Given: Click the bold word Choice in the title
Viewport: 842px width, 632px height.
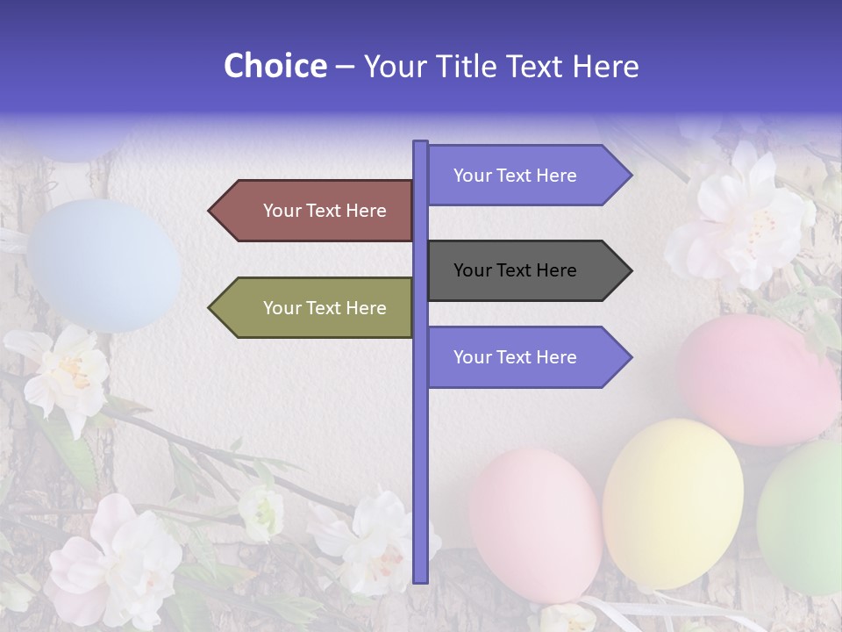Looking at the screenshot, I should pyautogui.click(x=275, y=66).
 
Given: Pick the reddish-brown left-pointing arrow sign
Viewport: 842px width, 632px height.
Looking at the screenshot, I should pyautogui.click(x=316, y=211).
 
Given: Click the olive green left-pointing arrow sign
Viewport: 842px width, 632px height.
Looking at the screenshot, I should pyautogui.click(x=316, y=308).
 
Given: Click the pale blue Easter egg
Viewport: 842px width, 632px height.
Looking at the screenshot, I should pyautogui.click(x=103, y=263).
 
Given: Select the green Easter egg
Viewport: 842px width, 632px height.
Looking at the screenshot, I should pyautogui.click(x=803, y=518).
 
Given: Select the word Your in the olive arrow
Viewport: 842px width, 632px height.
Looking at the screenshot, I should pyautogui.click(x=281, y=308).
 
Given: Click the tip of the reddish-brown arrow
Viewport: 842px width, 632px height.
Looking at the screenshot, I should pyautogui.click(x=211, y=211).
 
